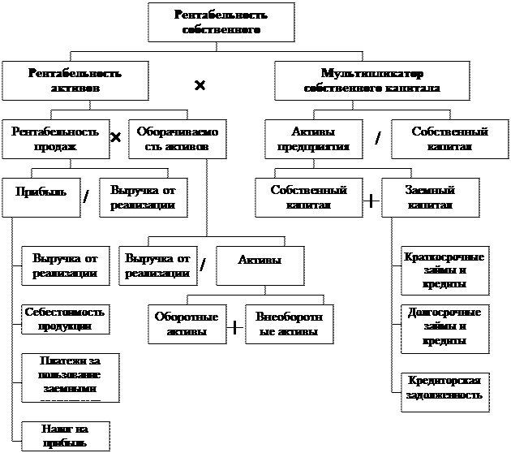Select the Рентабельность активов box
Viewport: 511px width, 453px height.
pos(75,80)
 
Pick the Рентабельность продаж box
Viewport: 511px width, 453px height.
pos(55,139)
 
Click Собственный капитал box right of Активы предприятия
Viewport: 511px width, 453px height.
pos(449,139)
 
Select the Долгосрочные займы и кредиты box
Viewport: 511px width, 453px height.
pos(444,326)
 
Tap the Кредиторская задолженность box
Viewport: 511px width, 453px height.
pos(444,390)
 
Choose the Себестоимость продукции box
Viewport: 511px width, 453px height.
pos(66,319)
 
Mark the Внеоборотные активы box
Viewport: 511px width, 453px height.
pos(288,324)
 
